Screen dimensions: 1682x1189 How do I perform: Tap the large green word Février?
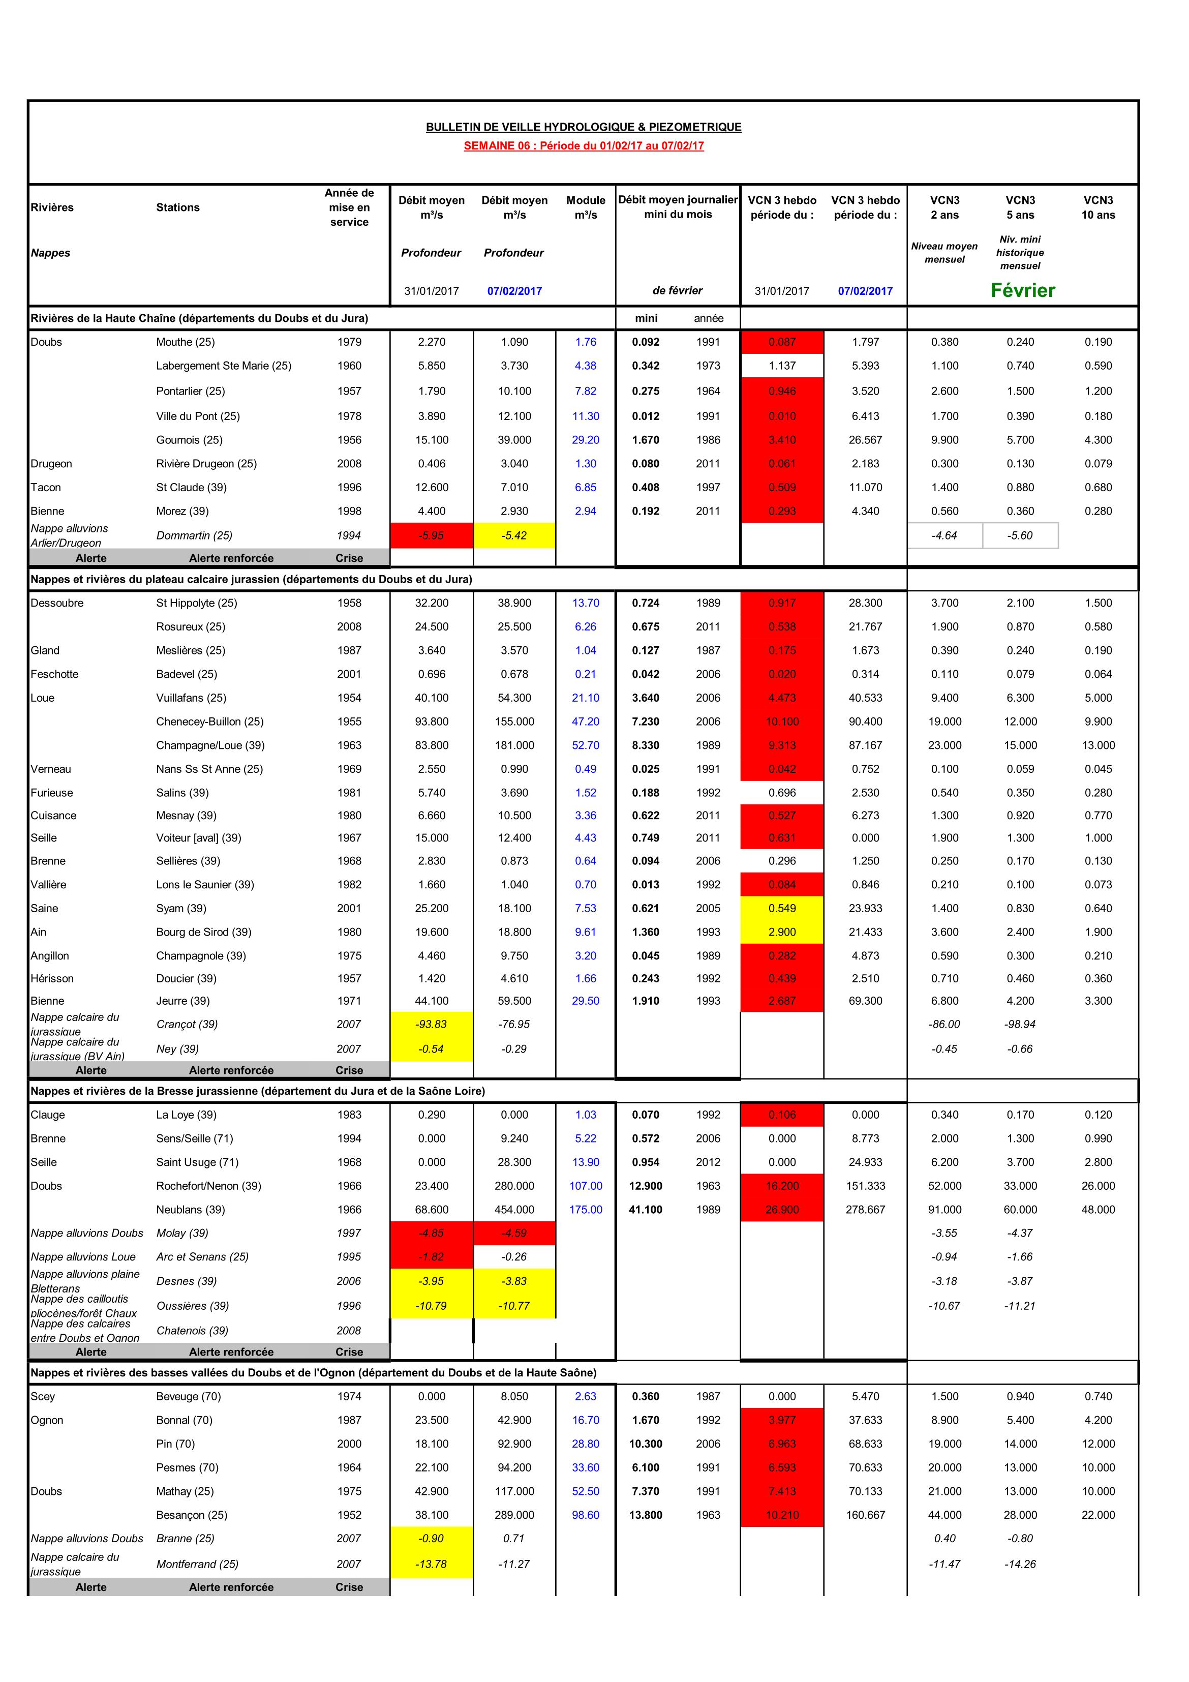tap(1023, 290)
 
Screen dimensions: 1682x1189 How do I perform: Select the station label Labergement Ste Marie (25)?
tap(224, 366)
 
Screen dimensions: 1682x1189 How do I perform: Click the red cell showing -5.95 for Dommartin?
tap(432, 535)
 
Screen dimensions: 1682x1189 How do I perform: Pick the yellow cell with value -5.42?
tap(514, 535)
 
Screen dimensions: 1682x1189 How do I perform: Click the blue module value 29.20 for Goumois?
tap(585, 439)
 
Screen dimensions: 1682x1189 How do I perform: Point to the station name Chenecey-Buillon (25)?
tap(209, 722)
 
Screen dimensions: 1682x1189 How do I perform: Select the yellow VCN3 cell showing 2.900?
tap(782, 932)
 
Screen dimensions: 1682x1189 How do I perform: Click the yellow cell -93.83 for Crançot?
tap(432, 1024)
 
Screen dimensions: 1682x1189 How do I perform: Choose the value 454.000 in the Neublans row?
tap(514, 1210)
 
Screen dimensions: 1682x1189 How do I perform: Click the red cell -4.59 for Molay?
tap(514, 1233)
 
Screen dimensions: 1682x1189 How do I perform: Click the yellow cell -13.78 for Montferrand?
tap(432, 1564)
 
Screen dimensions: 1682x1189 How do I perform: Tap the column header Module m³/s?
tap(585, 207)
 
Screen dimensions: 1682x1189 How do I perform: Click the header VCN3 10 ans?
tap(1098, 207)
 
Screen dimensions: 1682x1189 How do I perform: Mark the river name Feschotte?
tap(54, 674)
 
